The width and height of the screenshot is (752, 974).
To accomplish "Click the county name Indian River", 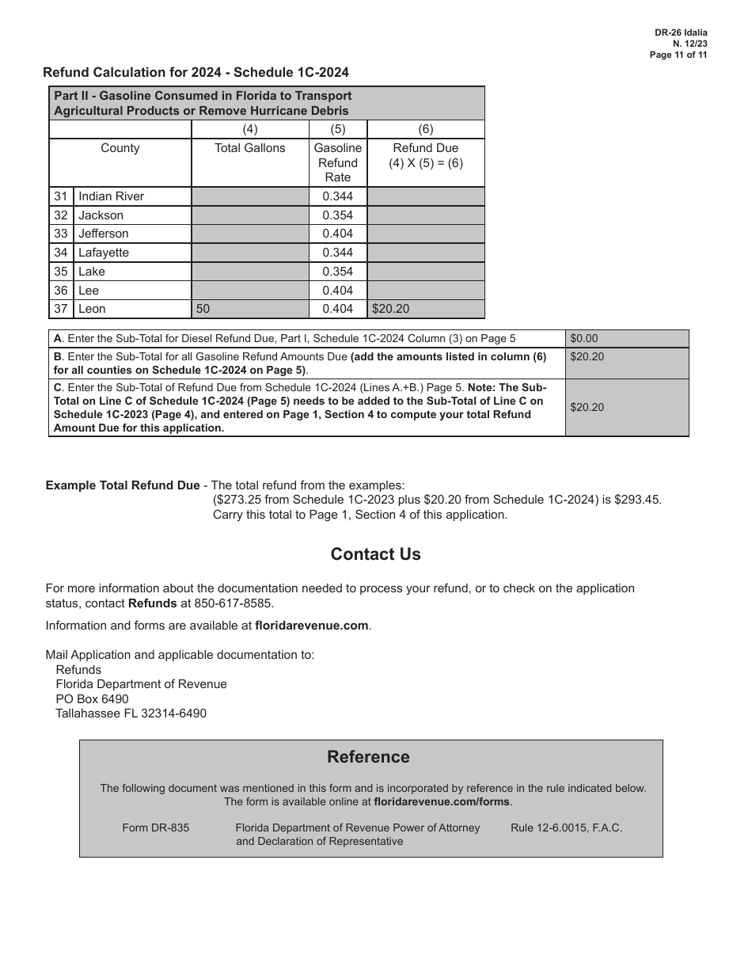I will (x=111, y=196).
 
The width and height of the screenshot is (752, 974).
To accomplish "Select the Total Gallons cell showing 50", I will (x=203, y=309).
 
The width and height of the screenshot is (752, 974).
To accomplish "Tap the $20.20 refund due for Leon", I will (x=391, y=309).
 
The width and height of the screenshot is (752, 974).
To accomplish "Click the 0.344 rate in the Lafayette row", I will (x=338, y=253).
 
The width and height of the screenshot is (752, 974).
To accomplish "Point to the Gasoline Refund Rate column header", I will (x=338, y=162).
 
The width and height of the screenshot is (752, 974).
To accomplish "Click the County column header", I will (x=120, y=148).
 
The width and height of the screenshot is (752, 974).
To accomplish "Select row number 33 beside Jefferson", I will (x=61, y=234).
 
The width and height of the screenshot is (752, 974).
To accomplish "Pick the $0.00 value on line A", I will (x=584, y=338).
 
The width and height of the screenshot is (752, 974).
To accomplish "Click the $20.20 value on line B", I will (x=587, y=356).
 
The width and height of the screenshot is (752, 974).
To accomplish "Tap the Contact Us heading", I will (x=375, y=554).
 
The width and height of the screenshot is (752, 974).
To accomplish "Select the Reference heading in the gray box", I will (x=368, y=757).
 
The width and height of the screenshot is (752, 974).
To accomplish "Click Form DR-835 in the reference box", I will (x=156, y=828).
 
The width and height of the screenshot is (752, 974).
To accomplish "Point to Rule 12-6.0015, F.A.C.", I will (x=566, y=828).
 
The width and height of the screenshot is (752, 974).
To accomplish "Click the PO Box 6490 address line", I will (x=92, y=698).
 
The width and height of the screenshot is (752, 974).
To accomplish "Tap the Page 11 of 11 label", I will (x=678, y=55).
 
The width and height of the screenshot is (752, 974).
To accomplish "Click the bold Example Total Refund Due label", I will (x=123, y=485).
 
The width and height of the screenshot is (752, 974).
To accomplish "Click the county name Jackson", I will (x=101, y=215).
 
